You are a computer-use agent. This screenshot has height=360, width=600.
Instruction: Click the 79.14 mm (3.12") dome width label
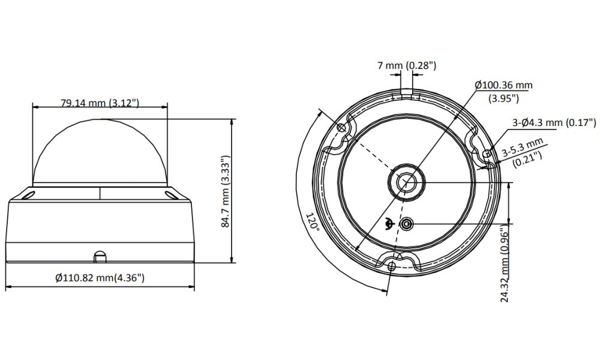click(x=100, y=103)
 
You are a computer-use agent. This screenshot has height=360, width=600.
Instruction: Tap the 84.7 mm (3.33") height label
click(x=226, y=191)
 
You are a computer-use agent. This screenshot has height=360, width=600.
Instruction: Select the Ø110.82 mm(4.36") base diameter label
click(x=100, y=278)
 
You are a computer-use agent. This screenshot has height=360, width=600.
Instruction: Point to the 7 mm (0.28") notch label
click(x=407, y=65)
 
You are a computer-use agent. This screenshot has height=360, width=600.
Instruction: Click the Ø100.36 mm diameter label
click(x=503, y=85)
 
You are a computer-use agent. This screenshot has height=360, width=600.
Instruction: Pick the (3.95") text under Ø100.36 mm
click(x=503, y=98)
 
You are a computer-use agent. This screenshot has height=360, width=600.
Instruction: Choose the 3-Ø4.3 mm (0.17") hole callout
click(x=554, y=122)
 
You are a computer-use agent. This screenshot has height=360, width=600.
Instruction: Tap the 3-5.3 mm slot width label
click(x=523, y=147)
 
